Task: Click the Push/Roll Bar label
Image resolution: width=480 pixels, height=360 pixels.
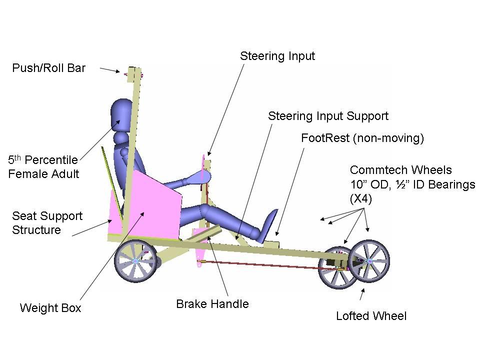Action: pos(48,68)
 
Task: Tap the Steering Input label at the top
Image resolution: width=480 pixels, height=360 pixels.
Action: pos(277,56)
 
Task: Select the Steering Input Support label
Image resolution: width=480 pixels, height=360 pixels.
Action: pos(328,116)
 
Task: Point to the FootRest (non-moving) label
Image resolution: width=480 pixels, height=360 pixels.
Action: pos(362,138)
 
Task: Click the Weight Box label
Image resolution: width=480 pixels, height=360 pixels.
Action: pos(50,307)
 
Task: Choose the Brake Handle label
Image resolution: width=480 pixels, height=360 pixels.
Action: pos(212,304)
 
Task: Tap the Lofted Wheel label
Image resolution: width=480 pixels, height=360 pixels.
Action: pos(371,316)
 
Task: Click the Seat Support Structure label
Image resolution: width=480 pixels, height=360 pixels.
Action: pos(47,223)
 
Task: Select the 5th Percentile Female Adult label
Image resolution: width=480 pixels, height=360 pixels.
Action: pos(43,167)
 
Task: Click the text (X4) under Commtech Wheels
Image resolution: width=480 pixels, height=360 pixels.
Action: pos(361,199)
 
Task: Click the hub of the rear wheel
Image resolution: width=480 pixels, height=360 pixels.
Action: pos(135,260)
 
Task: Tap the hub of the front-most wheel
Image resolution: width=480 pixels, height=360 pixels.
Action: pos(369,261)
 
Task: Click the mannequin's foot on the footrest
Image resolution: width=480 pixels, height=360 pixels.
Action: pos(269,226)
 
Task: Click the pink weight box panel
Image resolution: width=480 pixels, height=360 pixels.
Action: pos(153,204)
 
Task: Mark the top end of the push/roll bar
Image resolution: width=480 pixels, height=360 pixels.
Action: pos(134,68)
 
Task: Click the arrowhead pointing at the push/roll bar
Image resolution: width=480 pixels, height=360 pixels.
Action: pos(118,71)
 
